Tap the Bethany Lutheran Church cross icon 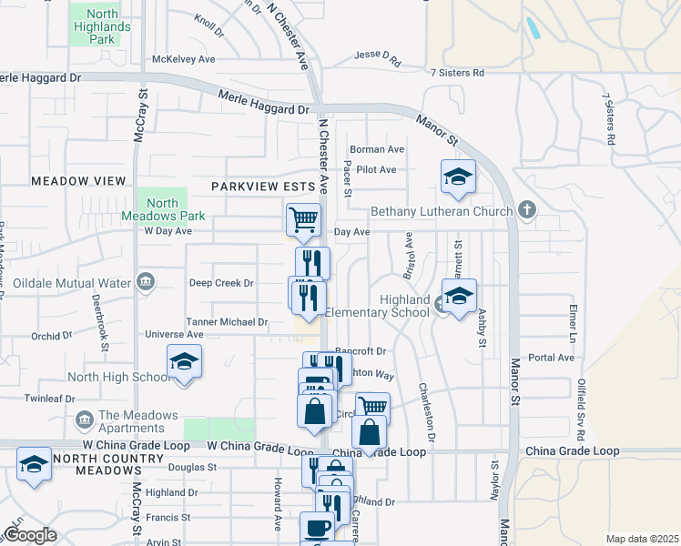click(x=526, y=211)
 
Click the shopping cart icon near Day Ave click(x=303, y=218)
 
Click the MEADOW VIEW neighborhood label click(x=78, y=181)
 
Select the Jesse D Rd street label click(x=378, y=59)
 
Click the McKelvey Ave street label click(x=183, y=59)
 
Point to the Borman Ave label click(x=377, y=149)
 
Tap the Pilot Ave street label click(x=376, y=169)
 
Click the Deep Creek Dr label click(x=221, y=283)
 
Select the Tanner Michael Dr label click(x=227, y=321)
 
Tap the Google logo click(x=31, y=535)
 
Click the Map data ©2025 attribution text click(x=641, y=539)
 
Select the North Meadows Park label click(x=163, y=209)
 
